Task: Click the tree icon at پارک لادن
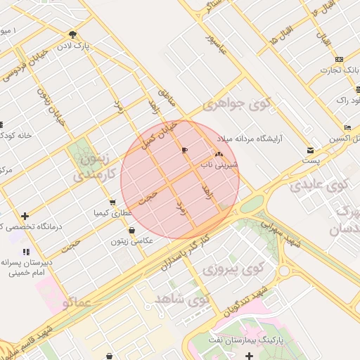tap(73, 34)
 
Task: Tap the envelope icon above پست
tap(310, 150)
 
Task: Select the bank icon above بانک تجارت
tap(340, 59)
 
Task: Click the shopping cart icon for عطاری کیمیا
tap(112, 202)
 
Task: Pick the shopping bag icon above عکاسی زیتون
tap(131, 231)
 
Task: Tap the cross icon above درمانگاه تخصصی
tap(25, 216)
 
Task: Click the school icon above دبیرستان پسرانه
tap(26, 251)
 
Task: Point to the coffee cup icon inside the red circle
tap(184, 150)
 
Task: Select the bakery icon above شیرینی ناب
tap(218, 154)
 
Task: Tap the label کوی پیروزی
tap(229, 269)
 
